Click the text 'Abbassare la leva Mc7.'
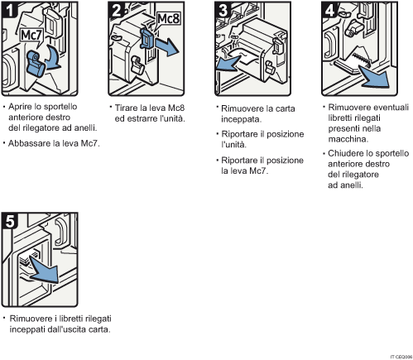(x=50, y=143)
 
